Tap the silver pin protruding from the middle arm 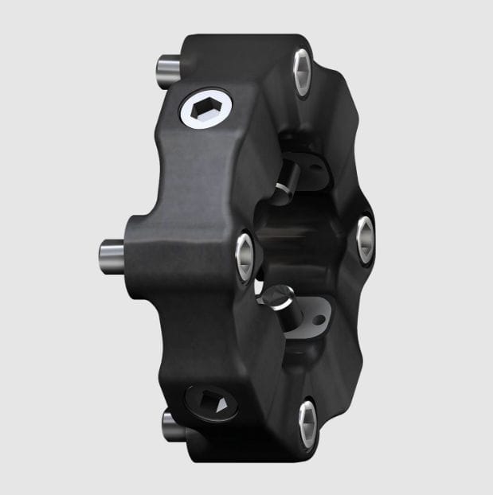112,255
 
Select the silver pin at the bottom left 170,425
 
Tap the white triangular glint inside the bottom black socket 217,403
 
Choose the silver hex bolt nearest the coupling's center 245,255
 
